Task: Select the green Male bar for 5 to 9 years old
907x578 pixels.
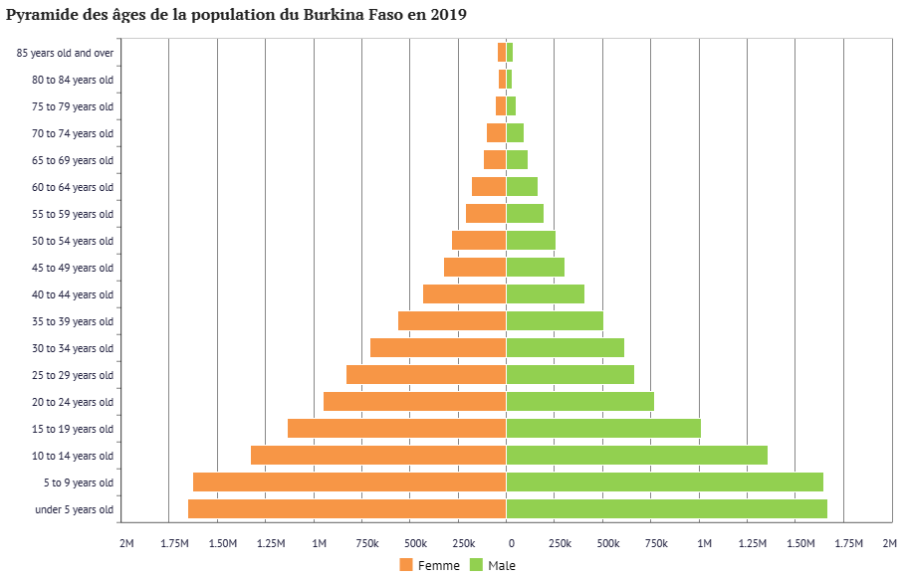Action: coord(664,482)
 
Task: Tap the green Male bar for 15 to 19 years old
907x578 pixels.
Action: coord(603,428)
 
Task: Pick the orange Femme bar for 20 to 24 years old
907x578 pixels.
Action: coord(414,401)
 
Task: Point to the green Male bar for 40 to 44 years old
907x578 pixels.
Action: coord(545,293)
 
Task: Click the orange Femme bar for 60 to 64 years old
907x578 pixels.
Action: coord(489,186)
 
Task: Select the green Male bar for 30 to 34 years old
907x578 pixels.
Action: coord(565,347)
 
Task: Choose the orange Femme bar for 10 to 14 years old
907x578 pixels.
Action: coord(378,455)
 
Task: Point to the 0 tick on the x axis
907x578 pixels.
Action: coord(512,543)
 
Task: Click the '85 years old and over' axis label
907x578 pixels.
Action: coord(66,53)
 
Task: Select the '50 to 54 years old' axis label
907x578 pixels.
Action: coord(73,241)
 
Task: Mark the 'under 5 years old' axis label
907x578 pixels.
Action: coord(75,509)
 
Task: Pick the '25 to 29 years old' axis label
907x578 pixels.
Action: coord(73,375)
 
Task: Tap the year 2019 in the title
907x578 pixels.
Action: coord(445,15)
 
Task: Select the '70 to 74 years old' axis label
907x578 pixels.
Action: coord(73,133)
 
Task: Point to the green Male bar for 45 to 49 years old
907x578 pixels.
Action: coord(535,267)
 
